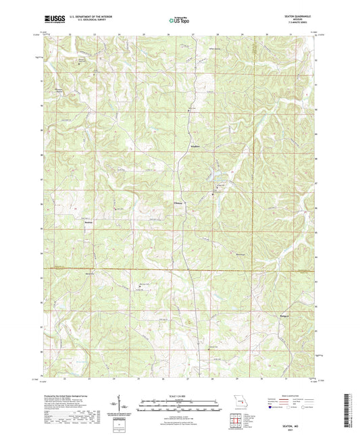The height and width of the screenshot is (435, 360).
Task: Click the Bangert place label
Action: pyautogui.click(x=284, y=315)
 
